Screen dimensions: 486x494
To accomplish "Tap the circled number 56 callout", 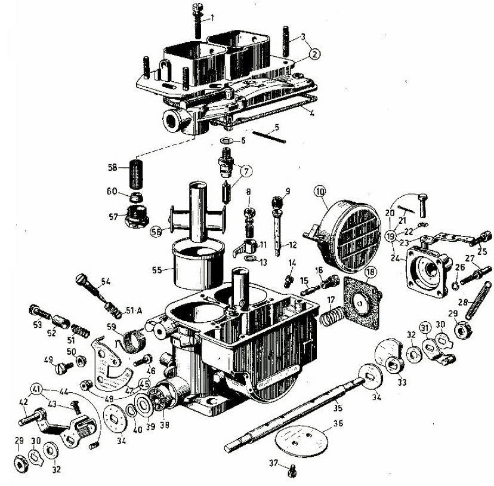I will (x=157, y=232).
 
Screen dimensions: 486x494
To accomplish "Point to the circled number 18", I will (x=371, y=273).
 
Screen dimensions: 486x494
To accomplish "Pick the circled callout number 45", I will (x=144, y=385).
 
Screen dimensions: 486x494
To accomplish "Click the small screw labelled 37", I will (x=292, y=472).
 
